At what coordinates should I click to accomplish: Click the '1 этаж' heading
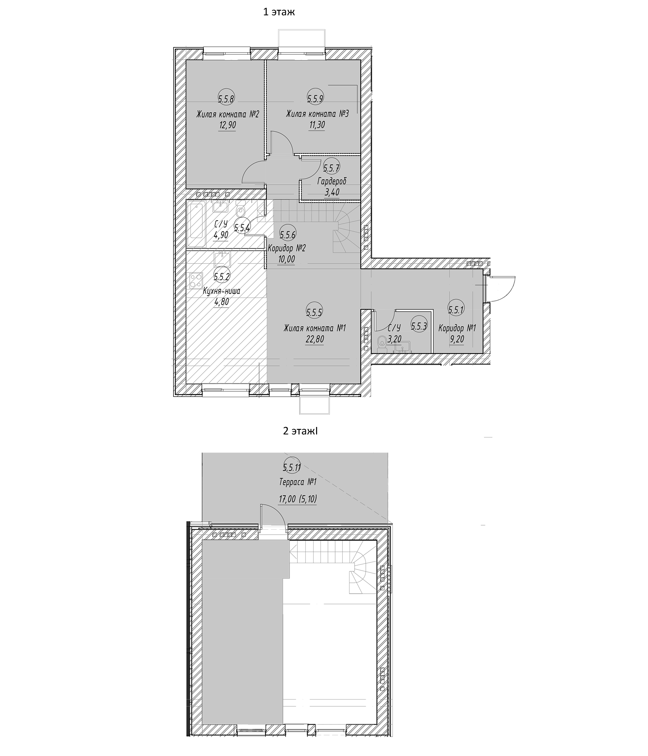tap(279, 12)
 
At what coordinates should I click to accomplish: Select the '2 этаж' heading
tap(300, 431)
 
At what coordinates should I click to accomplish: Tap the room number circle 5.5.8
tap(226, 98)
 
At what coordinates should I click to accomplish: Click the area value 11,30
tap(317, 125)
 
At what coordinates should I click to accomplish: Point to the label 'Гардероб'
tap(332, 181)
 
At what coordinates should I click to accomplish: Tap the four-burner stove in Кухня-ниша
tap(195, 280)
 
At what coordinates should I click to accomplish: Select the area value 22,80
tap(315, 340)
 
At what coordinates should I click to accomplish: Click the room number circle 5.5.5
tap(314, 312)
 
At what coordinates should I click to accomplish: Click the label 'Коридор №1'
tap(457, 328)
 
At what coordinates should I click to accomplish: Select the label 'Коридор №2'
tap(287, 248)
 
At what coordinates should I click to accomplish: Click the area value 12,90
tap(227, 125)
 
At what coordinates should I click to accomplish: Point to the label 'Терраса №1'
tap(298, 482)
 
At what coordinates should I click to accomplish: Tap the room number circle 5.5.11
tap(292, 467)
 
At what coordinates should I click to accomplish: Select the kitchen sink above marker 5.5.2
tap(222, 260)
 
